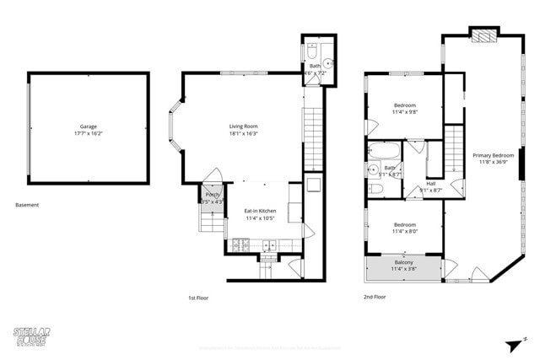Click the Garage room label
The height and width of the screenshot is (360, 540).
click(89, 127)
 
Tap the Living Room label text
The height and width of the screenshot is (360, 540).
click(244, 127)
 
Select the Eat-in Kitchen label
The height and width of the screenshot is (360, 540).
click(260, 211)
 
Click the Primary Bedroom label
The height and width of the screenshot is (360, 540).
click(493, 155)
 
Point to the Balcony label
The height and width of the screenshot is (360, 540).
click(403, 263)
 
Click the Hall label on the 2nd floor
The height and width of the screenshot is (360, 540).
click(430, 183)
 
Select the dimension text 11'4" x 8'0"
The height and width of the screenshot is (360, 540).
click(405, 232)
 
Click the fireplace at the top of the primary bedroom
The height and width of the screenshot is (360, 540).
click(483, 35)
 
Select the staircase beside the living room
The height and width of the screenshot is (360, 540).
click(313, 139)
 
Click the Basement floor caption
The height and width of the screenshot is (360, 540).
click(27, 205)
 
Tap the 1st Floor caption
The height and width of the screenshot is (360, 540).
click(199, 297)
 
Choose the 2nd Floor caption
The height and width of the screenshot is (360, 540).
click(375, 297)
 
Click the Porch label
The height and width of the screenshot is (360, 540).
click(213, 195)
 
